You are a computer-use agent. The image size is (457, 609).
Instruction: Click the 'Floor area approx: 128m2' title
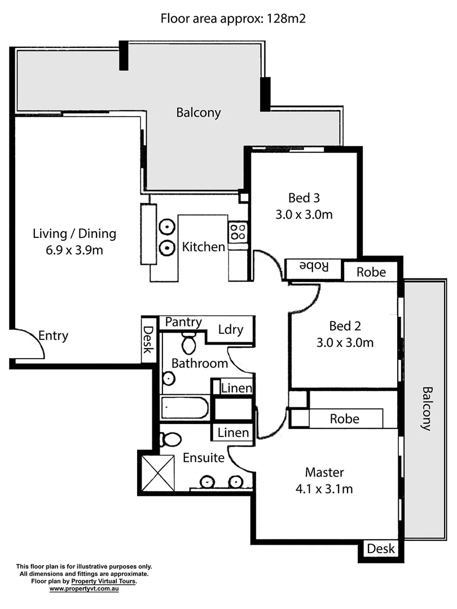233,19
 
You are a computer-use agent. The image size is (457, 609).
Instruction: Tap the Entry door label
53,336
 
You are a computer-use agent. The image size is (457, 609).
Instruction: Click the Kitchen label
203,247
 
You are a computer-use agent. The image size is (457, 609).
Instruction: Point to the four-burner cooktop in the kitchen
237,231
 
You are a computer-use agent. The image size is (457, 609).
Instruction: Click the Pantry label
183,322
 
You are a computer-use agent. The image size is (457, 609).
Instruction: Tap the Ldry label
230,329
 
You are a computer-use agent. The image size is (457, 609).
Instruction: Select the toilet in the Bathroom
188,341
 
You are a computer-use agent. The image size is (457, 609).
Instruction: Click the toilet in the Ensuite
170,439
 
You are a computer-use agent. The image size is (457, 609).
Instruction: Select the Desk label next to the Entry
148,340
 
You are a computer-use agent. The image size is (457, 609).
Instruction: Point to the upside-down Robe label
314,266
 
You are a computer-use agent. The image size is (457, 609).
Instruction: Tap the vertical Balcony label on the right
427,409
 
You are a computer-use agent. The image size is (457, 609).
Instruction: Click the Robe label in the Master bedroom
344,419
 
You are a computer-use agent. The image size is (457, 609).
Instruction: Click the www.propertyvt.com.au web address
84,589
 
